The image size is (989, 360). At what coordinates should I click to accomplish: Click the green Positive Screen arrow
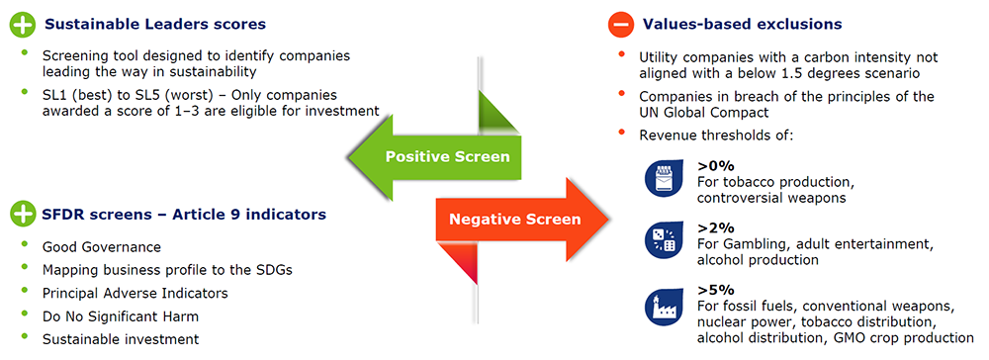(x=435, y=155)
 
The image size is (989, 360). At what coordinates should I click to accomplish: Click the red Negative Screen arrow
(x=522, y=219)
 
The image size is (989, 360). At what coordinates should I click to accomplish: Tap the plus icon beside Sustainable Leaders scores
(x=22, y=25)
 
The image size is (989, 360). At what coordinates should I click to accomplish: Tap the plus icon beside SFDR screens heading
(x=22, y=215)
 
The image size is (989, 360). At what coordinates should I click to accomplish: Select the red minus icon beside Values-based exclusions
(x=620, y=25)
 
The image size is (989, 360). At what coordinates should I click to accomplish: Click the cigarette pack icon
(x=661, y=178)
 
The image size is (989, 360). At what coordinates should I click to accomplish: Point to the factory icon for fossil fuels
(x=661, y=307)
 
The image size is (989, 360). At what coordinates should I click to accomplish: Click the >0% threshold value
(x=716, y=166)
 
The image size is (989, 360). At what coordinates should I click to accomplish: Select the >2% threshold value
(x=716, y=228)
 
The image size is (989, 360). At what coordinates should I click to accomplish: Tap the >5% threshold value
(x=716, y=291)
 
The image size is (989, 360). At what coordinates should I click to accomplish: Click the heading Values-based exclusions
(x=743, y=25)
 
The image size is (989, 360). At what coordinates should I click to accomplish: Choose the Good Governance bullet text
(x=102, y=246)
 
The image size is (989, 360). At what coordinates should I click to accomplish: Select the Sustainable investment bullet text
(x=121, y=339)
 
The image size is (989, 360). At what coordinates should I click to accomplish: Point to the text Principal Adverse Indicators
(x=135, y=293)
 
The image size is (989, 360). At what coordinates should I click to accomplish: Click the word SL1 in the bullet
(x=53, y=95)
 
